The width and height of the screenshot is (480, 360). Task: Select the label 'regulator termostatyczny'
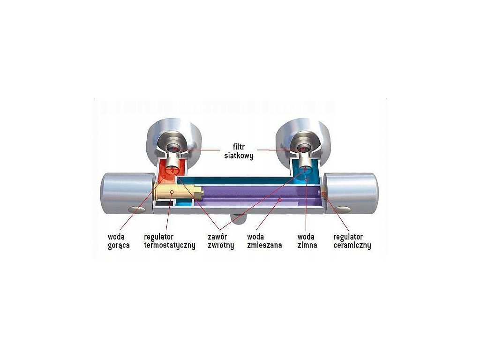click(169, 241)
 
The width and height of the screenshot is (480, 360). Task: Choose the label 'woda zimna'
click(307, 241)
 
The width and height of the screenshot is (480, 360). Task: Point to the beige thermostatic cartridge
click(177, 192)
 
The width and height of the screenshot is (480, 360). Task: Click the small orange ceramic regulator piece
click(323, 194)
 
